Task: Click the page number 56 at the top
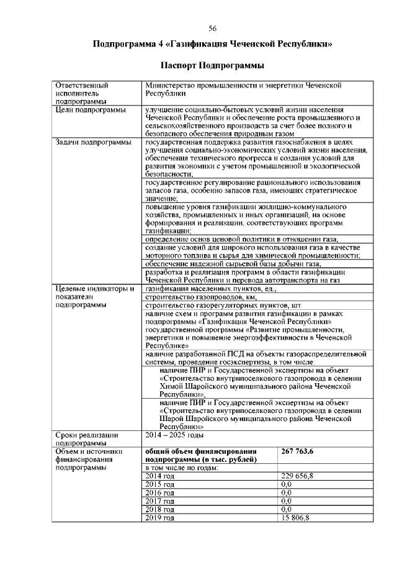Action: tap(212, 28)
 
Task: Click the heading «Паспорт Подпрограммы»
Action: tap(212, 65)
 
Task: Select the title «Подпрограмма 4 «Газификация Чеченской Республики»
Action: tap(212, 44)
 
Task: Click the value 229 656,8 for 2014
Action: tap(297, 476)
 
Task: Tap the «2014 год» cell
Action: tap(159, 476)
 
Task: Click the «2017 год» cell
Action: tap(159, 500)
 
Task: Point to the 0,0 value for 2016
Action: tap(287, 492)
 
